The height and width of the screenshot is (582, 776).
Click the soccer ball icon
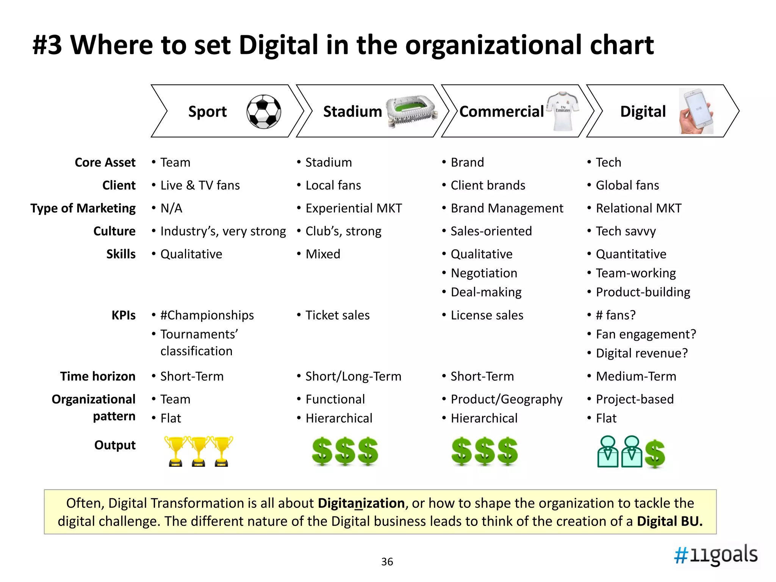pyautogui.click(x=264, y=111)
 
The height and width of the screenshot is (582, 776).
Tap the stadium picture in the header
pyautogui.click(x=411, y=111)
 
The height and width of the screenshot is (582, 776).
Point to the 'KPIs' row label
pyautogui.click(x=123, y=315)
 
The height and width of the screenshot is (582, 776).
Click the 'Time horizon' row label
pyautogui.click(x=98, y=376)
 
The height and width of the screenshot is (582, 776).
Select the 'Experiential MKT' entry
pyautogui.click(x=354, y=208)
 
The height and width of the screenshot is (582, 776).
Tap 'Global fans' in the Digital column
pyautogui.click(x=627, y=185)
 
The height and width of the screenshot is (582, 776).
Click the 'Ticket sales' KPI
pyautogui.click(x=337, y=315)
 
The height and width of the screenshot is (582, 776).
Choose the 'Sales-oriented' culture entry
pyautogui.click(x=491, y=231)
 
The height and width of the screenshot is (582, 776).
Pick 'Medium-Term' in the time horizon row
pyautogui.click(x=636, y=376)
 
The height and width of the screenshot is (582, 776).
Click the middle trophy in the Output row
pyautogui.click(x=199, y=451)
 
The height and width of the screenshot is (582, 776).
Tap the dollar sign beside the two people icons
pyautogui.click(x=655, y=454)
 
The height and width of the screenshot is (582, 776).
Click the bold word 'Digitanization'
pyautogui.click(x=361, y=503)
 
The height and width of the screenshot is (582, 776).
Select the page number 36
pyautogui.click(x=387, y=562)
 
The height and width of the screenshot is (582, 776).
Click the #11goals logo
pyautogui.click(x=716, y=555)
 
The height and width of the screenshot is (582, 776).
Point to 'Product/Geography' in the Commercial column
pyautogui.click(x=506, y=399)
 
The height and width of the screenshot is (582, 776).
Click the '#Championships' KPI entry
pyautogui.click(x=207, y=315)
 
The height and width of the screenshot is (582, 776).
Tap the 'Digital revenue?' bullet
pyautogui.click(x=641, y=353)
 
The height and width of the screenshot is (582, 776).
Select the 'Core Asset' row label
pyautogui.click(x=105, y=162)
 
